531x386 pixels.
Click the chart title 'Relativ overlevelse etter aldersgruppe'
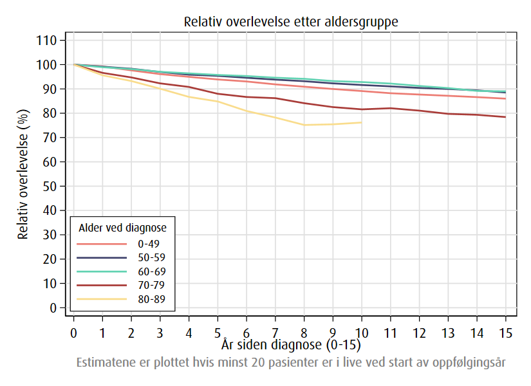291,21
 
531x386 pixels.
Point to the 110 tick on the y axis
50,41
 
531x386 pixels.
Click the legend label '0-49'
148,244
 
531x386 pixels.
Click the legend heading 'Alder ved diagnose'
122,228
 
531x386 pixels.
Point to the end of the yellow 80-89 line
361,122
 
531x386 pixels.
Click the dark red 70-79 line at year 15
505,117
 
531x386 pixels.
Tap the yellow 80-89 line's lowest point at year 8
304,125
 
